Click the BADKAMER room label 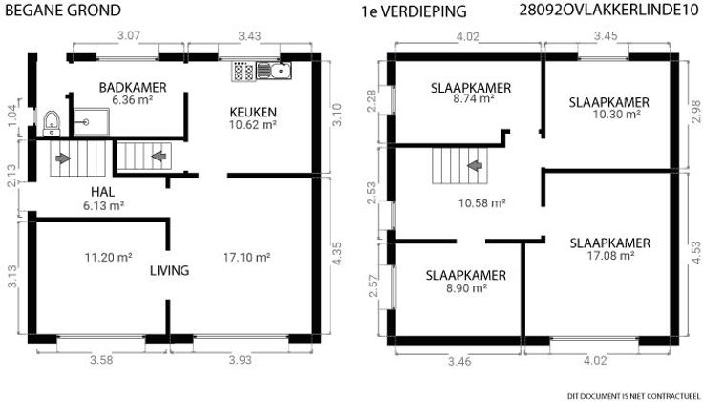133,88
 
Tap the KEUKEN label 253,112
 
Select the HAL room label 102,192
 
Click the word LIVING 169,270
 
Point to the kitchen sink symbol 274,71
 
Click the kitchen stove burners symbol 244,72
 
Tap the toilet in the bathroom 52,123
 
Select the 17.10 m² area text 246,257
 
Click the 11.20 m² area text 108,257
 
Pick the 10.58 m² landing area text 482,203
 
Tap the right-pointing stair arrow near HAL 63,159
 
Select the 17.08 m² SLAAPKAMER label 610,249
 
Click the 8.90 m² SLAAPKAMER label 466,282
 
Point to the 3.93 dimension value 241,359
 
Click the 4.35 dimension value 337,253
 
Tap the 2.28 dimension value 372,101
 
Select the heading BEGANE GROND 63,10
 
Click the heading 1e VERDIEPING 414,11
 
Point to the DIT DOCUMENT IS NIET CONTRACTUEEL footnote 633,396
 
